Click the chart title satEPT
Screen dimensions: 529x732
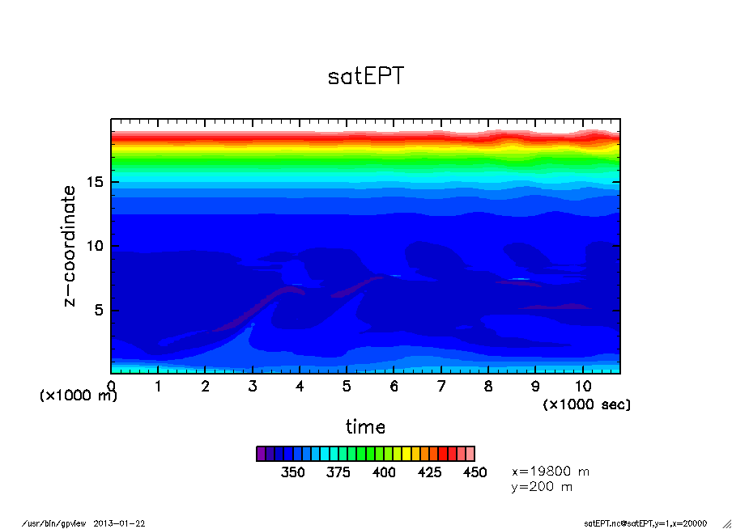pyautogui.click(x=365, y=77)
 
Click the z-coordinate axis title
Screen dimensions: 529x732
pyautogui.click(x=70, y=246)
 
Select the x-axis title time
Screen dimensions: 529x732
pyautogui.click(x=365, y=426)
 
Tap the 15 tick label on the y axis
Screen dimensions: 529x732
pyautogui.click(x=96, y=183)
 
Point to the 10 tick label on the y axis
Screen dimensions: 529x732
pyautogui.click(x=96, y=247)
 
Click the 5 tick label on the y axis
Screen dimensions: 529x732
pyautogui.click(x=100, y=311)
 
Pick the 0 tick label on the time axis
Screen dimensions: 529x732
pyautogui.click(x=111, y=387)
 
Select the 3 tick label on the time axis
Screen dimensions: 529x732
pyautogui.click(x=253, y=387)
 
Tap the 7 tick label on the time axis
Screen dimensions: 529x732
pyautogui.click(x=441, y=387)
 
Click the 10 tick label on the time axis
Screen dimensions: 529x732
pyautogui.click(x=583, y=387)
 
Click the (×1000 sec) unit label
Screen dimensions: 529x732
pyautogui.click(x=586, y=404)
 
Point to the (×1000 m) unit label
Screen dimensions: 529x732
pyautogui.click(x=79, y=396)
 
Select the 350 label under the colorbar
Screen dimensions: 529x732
pyautogui.click(x=292, y=472)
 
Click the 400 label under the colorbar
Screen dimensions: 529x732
pyautogui.click(x=384, y=472)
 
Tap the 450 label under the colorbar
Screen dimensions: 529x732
pyautogui.click(x=475, y=472)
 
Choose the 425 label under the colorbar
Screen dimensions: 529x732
pyautogui.click(x=429, y=472)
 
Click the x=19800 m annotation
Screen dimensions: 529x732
pyautogui.click(x=551, y=471)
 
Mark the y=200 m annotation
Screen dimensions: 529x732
pyautogui.click(x=543, y=487)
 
